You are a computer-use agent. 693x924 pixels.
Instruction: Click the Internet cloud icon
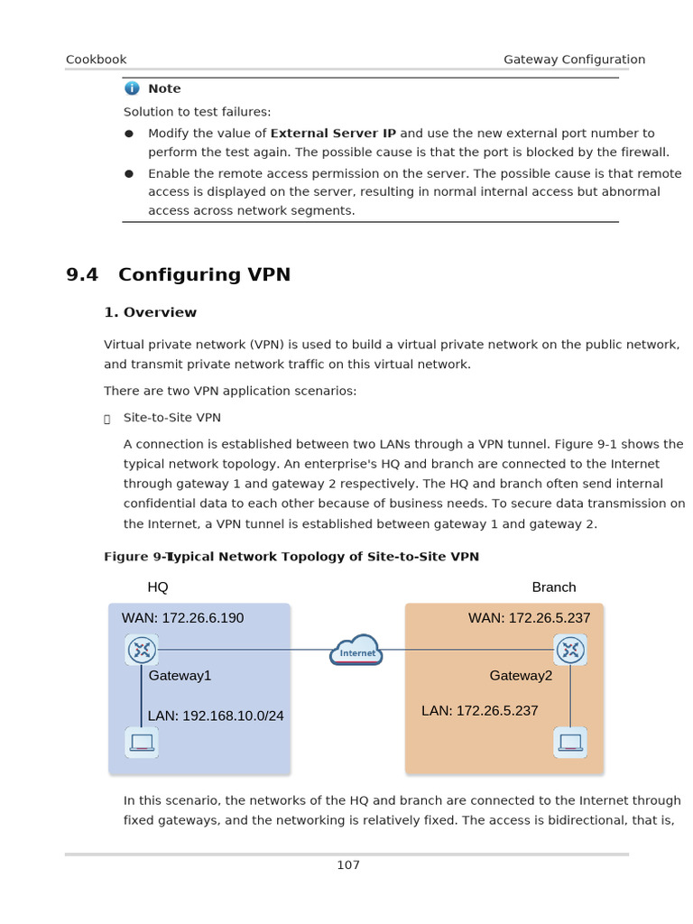[x=357, y=651]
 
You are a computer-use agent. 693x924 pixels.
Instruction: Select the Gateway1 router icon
[x=141, y=650]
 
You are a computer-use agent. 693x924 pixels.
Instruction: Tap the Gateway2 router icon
[x=570, y=650]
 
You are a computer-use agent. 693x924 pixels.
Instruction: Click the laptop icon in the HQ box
[x=142, y=743]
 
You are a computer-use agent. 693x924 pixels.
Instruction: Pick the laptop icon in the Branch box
[x=570, y=743]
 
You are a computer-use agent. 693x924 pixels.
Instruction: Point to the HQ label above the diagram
[x=158, y=587]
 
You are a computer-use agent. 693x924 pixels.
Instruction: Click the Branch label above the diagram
[x=554, y=587]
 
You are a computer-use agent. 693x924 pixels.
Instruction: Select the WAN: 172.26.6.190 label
[x=183, y=618]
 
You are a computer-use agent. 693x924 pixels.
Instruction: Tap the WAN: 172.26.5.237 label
[x=530, y=618]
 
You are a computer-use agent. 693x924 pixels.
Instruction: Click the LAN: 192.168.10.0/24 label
[x=216, y=716]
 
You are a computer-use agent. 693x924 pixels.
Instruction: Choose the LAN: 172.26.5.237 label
[x=480, y=711]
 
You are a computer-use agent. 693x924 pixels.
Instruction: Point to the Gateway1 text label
[x=180, y=675]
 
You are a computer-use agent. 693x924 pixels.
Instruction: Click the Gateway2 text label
[x=522, y=675]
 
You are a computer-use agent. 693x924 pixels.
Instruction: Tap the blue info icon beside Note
[x=133, y=88]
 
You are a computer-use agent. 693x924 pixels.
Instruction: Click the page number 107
[x=348, y=865]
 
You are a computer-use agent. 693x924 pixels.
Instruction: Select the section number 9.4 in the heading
[x=82, y=274]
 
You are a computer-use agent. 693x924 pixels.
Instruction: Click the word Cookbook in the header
[x=97, y=60]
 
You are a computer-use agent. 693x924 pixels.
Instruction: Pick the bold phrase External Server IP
[x=333, y=133]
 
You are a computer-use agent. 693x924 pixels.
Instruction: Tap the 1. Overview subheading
[x=151, y=312]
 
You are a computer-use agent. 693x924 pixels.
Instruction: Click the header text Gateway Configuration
[x=574, y=60]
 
